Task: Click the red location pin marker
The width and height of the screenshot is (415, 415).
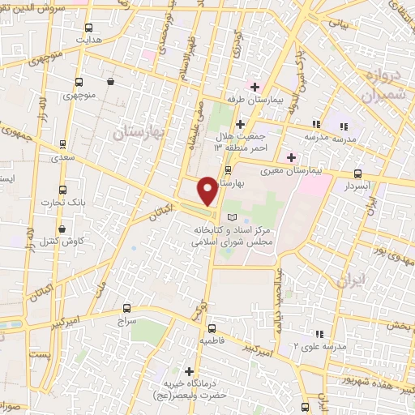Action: (x=207, y=191)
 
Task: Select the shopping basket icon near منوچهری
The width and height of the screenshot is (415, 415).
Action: (x=110, y=82)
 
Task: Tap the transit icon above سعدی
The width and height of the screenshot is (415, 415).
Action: (x=63, y=144)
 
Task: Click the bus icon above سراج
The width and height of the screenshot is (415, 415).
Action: (x=126, y=307)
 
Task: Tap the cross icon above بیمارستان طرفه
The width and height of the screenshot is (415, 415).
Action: (x=255, y=87)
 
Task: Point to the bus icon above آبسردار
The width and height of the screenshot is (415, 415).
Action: (x=357, y=173)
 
